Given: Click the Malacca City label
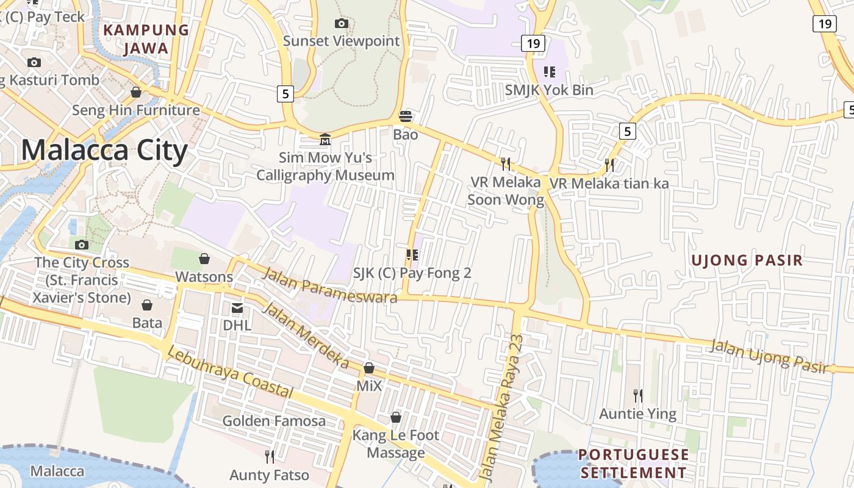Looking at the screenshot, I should [104, 150].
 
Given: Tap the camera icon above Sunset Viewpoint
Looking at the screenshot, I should [342, 24].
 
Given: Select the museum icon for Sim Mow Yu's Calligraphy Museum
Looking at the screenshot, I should [325, 140].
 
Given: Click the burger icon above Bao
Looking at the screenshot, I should [406, 117].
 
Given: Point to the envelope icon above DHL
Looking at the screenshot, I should [237, 308].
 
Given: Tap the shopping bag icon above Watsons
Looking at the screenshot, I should [204, 259].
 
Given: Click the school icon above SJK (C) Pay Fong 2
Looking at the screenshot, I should [412, 255].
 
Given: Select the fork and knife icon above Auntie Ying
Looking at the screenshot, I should [638, 396].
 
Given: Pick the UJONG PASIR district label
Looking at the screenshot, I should [747, 260].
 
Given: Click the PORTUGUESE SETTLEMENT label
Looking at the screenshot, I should [633, 464].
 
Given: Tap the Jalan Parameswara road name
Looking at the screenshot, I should [329, 285].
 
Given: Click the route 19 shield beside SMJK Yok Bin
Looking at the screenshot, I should [533, 43].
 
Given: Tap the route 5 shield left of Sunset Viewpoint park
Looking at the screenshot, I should [285, 93].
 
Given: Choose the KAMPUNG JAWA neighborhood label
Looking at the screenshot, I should [146, 39].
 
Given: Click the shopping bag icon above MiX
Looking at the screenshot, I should [369, 368].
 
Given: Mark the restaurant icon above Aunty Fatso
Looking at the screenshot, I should [269, 456].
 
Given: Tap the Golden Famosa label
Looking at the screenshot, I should [274, 421].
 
